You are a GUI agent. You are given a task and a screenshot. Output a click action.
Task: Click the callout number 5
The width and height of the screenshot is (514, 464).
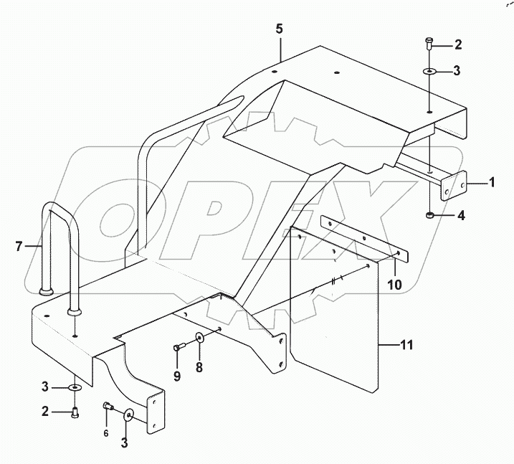coord(280,30)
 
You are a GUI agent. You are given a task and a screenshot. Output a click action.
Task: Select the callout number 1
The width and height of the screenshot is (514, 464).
coord(492,184)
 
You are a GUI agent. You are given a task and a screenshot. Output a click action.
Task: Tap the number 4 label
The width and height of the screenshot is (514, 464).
coord(460,215)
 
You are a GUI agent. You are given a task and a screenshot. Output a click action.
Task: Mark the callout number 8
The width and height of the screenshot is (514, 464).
coord(200,367)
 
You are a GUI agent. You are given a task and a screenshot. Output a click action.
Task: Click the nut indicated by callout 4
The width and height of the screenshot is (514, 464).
coord(428,215)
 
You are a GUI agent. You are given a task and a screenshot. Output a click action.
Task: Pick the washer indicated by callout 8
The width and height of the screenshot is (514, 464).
coord(200,339)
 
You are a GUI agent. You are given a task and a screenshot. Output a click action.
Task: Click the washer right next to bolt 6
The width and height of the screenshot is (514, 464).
coord(130,415)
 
